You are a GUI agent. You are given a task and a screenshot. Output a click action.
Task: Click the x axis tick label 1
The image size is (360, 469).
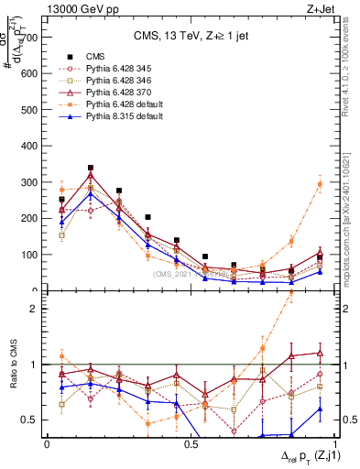tap(334, 444)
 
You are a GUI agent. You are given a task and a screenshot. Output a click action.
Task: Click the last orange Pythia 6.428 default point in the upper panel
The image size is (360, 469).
tap(320, 184)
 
